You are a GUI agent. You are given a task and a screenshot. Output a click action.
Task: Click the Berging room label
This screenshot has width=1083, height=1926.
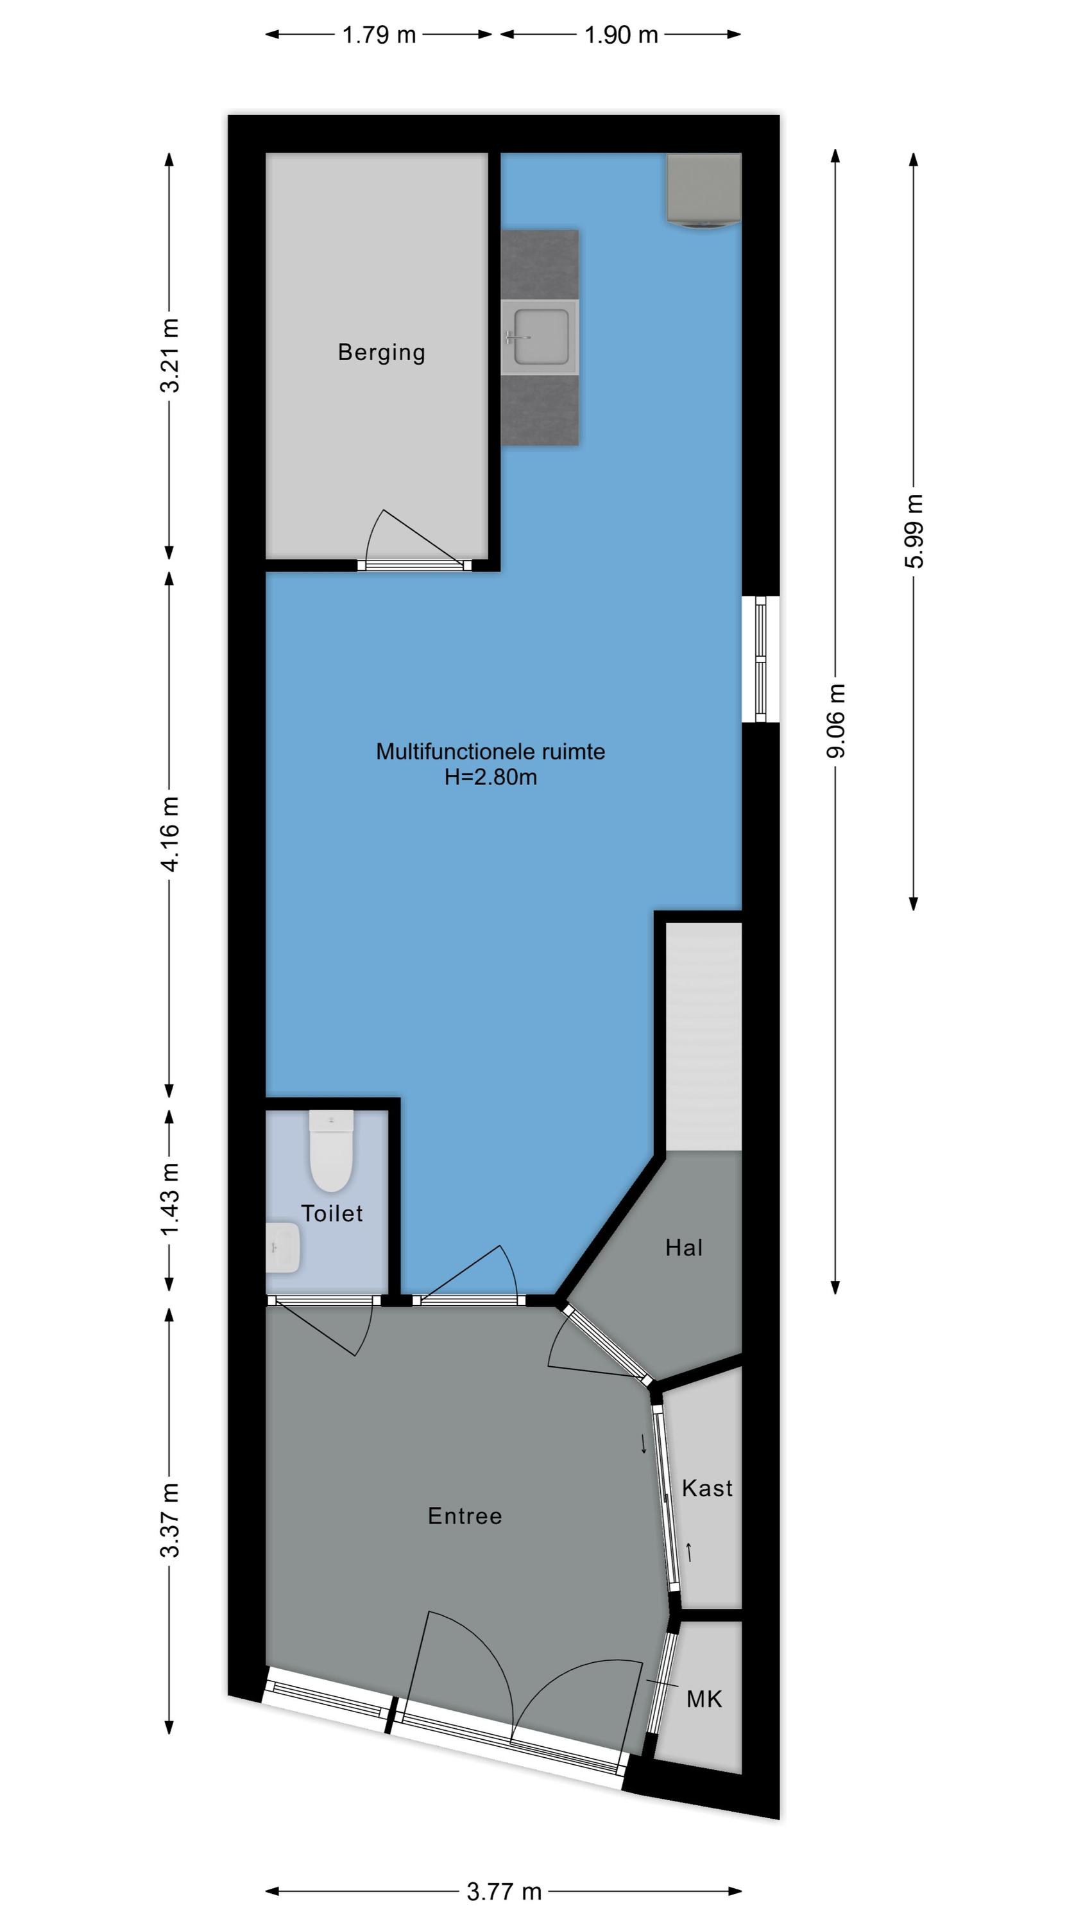click(x=381, y=352)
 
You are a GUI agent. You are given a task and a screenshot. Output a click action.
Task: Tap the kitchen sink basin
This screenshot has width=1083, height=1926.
click(x=540, y=336)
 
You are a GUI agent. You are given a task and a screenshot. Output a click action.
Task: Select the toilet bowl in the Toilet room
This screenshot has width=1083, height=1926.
click(x=331, y=1150)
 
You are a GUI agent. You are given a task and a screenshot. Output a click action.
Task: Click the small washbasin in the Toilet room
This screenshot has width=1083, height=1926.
click(x=284, y=1247)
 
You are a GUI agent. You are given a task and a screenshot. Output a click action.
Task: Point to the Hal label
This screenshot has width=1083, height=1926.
click(x=684, y=1247)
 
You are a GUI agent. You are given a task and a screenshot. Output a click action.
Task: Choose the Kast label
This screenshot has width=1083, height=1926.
click(x=707, y=1488)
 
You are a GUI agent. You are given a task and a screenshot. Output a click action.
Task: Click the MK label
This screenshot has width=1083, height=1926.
click(x=704, y=1699)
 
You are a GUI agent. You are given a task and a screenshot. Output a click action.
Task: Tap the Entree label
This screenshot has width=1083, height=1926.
click(x=465, y=1516)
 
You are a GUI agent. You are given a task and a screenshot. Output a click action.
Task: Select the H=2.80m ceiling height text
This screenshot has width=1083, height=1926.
click(x=490, y=777)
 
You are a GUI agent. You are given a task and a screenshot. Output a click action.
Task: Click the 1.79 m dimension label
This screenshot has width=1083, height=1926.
click(x=379, y=35)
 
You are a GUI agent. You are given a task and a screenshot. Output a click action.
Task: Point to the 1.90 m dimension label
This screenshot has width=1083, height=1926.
click(x=621, y=35)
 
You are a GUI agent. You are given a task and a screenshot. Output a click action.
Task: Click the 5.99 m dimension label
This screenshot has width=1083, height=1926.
click(x=914, y=531)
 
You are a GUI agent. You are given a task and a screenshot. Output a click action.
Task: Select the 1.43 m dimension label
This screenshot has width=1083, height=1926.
click(x=169, y=1199)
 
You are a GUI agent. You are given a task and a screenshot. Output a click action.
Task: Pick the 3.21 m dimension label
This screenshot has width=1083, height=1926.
click(x=169, y=355)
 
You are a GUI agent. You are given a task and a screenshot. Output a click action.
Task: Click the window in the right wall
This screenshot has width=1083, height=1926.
click(x=760, y=659)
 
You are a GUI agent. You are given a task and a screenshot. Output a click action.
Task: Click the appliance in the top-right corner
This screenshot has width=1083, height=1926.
click(x=704, y=190)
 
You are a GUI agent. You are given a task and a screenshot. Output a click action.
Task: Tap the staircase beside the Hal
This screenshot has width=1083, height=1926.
click(x=703, y=1036)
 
